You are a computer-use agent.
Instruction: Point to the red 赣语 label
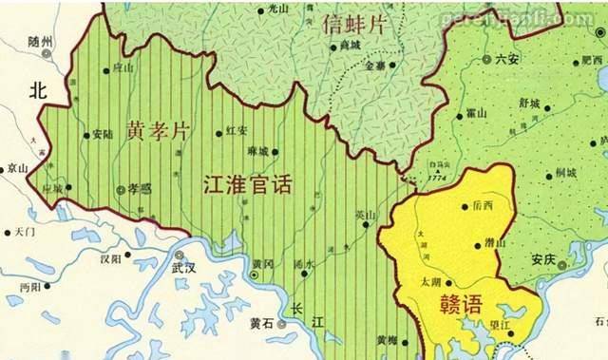(x=460, y=305)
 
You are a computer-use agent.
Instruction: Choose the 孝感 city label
(x=140, y=190)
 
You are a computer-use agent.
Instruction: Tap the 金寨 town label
(x=376, y=66)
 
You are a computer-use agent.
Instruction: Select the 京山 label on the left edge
(x=17, y=168)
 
